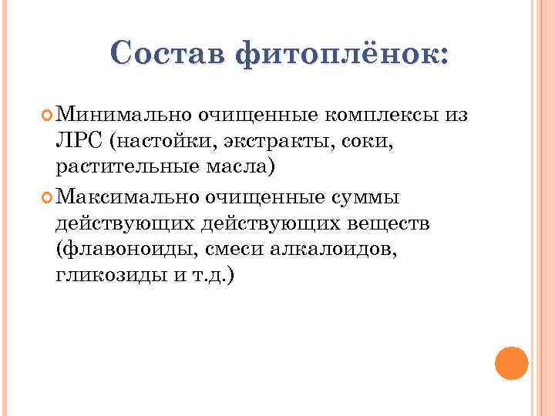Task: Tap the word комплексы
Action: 380,116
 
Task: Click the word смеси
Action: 246,250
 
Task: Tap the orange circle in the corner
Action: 510,363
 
